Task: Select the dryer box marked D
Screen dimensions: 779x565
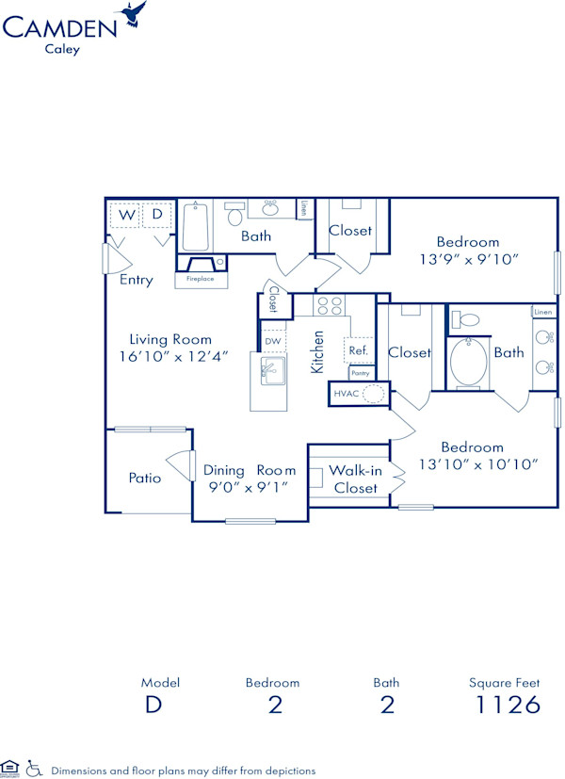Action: tap(157, 216)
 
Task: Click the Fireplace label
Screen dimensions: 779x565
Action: tap(200, 279)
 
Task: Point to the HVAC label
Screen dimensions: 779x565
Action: tap(345, 394)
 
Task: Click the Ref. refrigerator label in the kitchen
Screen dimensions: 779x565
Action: tap(358, 350)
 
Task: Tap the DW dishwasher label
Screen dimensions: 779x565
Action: tap(273, 341)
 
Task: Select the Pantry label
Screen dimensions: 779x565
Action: tap(360, 373)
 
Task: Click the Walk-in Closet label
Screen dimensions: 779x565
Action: tap(354, 479)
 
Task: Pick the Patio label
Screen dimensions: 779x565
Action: tap(145, 478)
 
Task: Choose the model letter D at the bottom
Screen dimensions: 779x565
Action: tap(153, 705)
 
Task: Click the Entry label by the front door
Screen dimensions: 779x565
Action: tap(137, 280)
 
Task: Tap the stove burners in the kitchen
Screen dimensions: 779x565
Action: tap(330, 305)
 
